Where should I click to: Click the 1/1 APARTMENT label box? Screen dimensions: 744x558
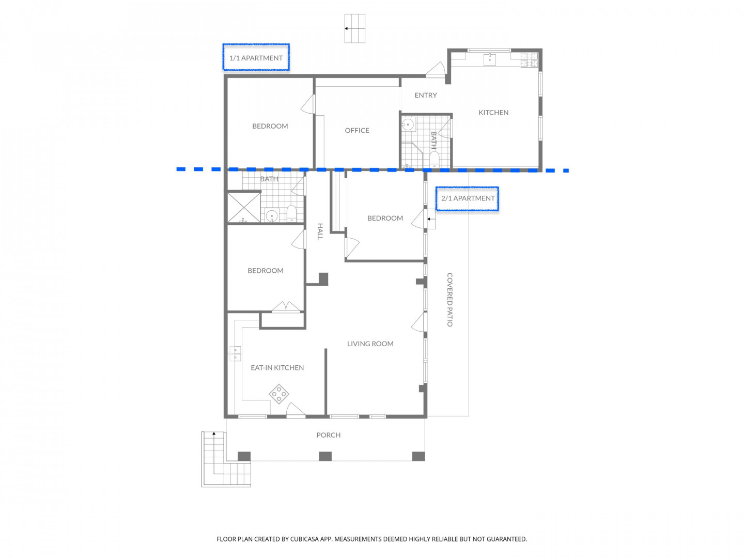click(x=256, y=57)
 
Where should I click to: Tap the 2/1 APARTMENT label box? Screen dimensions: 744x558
click(x=467, y=198)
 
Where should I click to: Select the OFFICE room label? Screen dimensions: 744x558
click(x=357, y=130)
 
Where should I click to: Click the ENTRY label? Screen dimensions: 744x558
click(x=426, y=95)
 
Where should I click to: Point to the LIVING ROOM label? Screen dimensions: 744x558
click(x=370, y=344)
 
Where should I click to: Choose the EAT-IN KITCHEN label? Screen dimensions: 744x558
click(x=277, y=367)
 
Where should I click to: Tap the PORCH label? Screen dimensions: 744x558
click(x=329, y=435)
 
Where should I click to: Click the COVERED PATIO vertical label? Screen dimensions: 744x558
click(x=450, y=300)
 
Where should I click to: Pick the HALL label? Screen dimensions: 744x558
click(x=320, y=232)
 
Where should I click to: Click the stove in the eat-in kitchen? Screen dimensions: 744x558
click(x=278, y=394)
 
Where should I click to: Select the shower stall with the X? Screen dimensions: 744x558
click(x=244, y=207)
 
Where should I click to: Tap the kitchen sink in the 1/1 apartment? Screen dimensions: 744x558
click(x=490, y=59)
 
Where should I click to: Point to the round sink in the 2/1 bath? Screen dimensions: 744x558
click(x=271, y=215)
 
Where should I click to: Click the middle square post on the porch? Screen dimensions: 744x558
click(x=326, y=456)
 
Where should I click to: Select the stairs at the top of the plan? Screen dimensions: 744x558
click(x=355, y=28)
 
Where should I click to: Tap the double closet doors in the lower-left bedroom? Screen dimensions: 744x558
click(x=286, y=306)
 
